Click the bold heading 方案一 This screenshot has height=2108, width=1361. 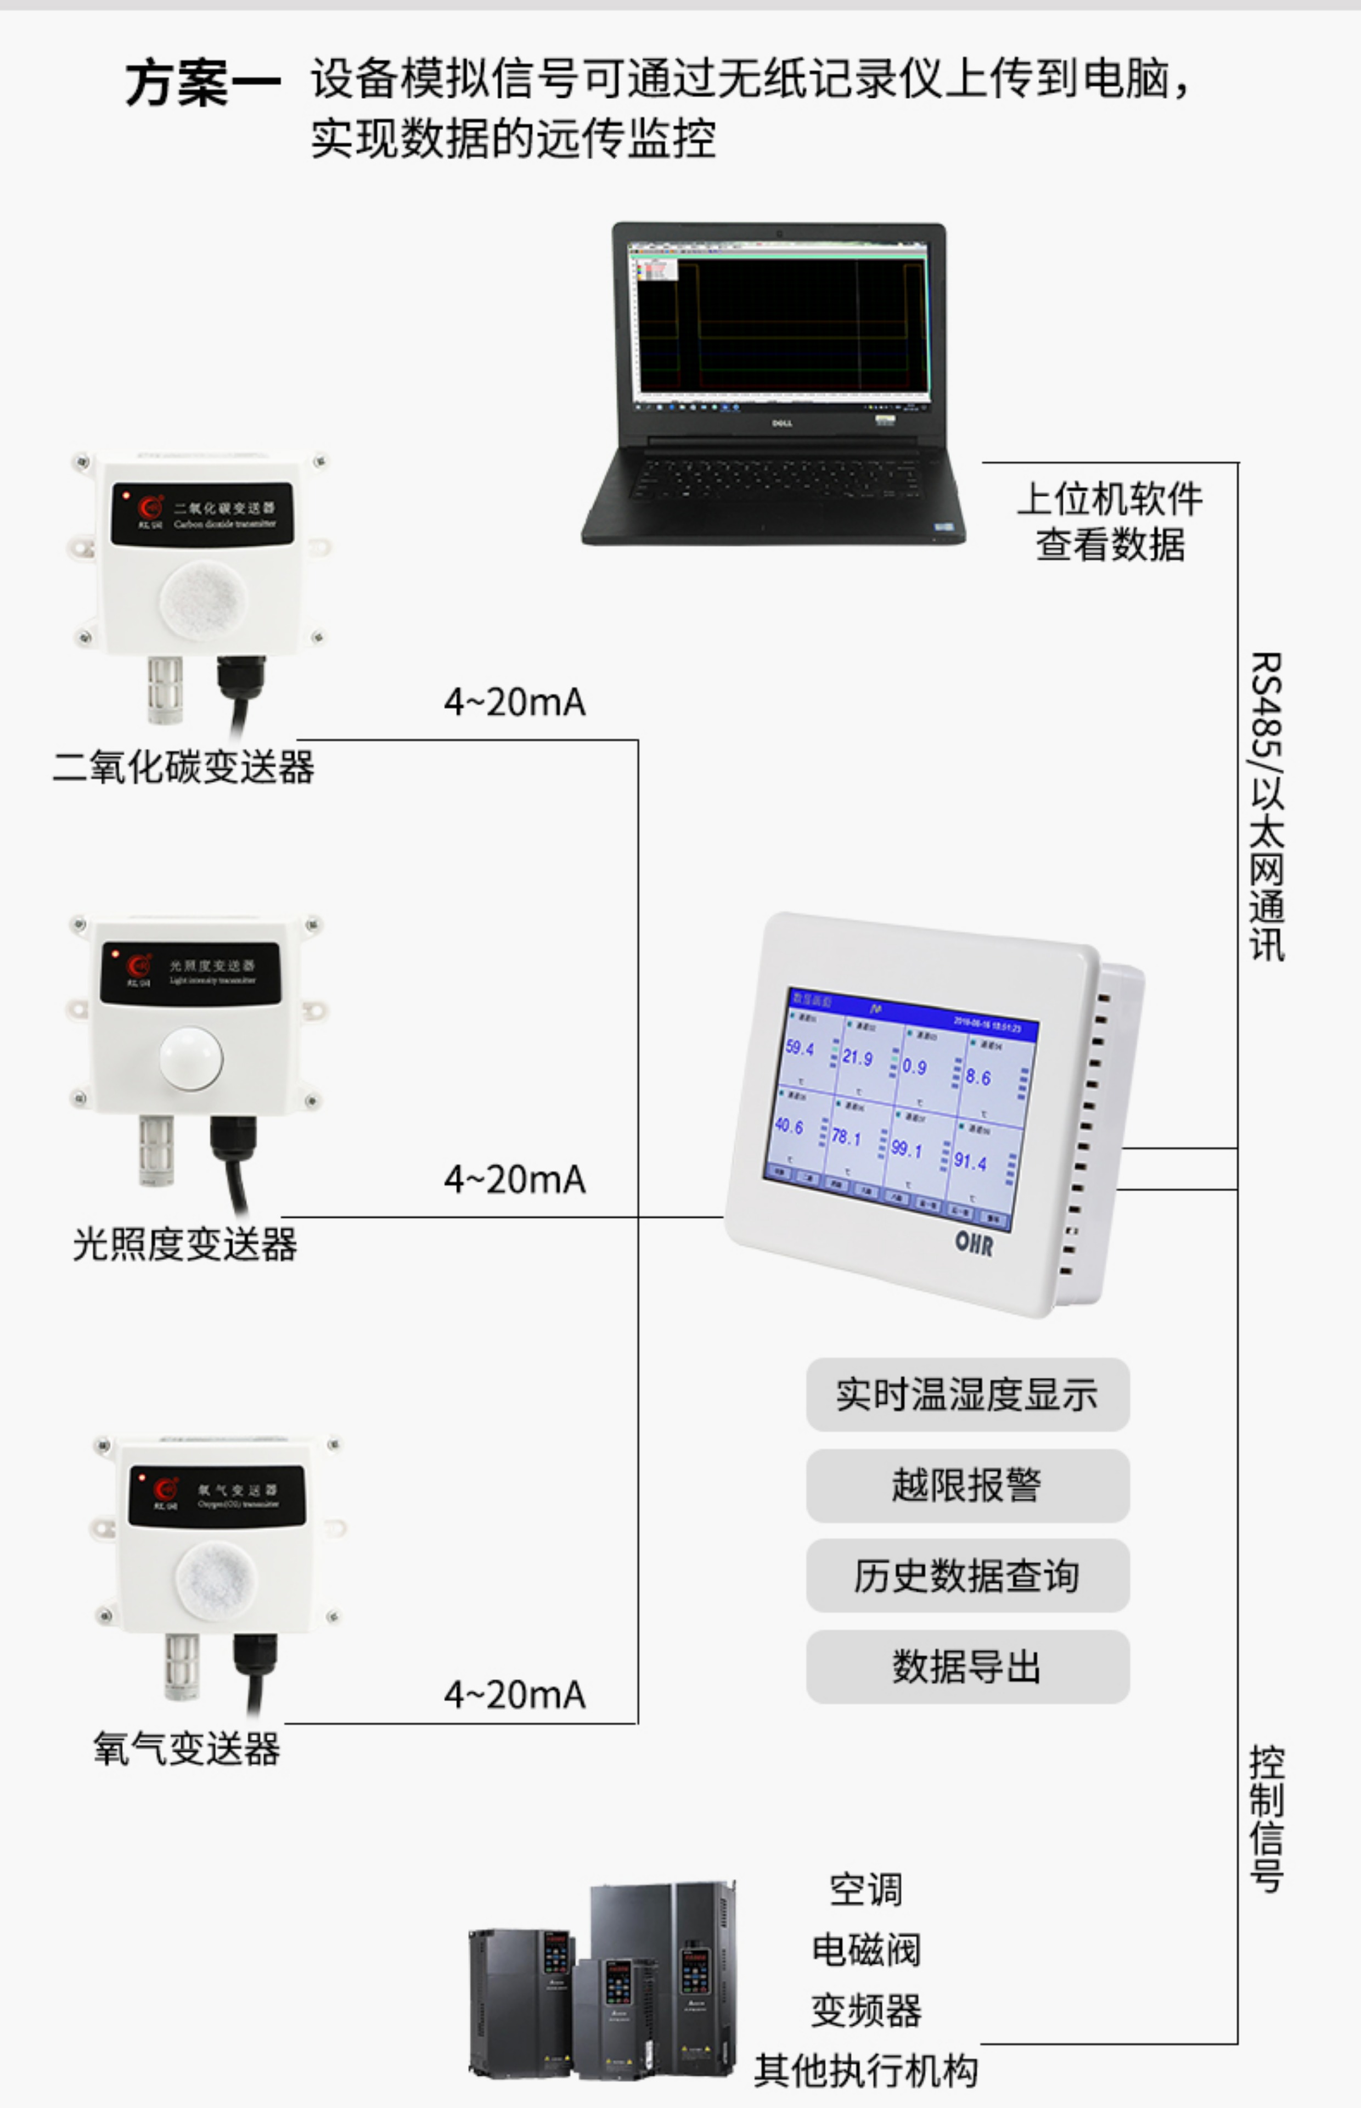click(x=203, y=84)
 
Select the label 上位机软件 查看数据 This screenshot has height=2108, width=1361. click(x=1110, y=522)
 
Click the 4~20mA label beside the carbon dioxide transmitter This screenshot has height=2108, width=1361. click(x=514, y=702)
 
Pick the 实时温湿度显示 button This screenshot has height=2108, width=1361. click(x=967, y=1394)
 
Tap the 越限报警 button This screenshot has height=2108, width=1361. click(x=967, y=1485)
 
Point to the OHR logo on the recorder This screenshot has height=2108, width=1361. click(x=974, y=1243)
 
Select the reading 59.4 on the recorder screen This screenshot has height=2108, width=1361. click(x=800, y=1049)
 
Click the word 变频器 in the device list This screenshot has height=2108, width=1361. click(x=866, y=2011)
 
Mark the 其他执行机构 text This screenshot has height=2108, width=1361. click(x=866, y=2071)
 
